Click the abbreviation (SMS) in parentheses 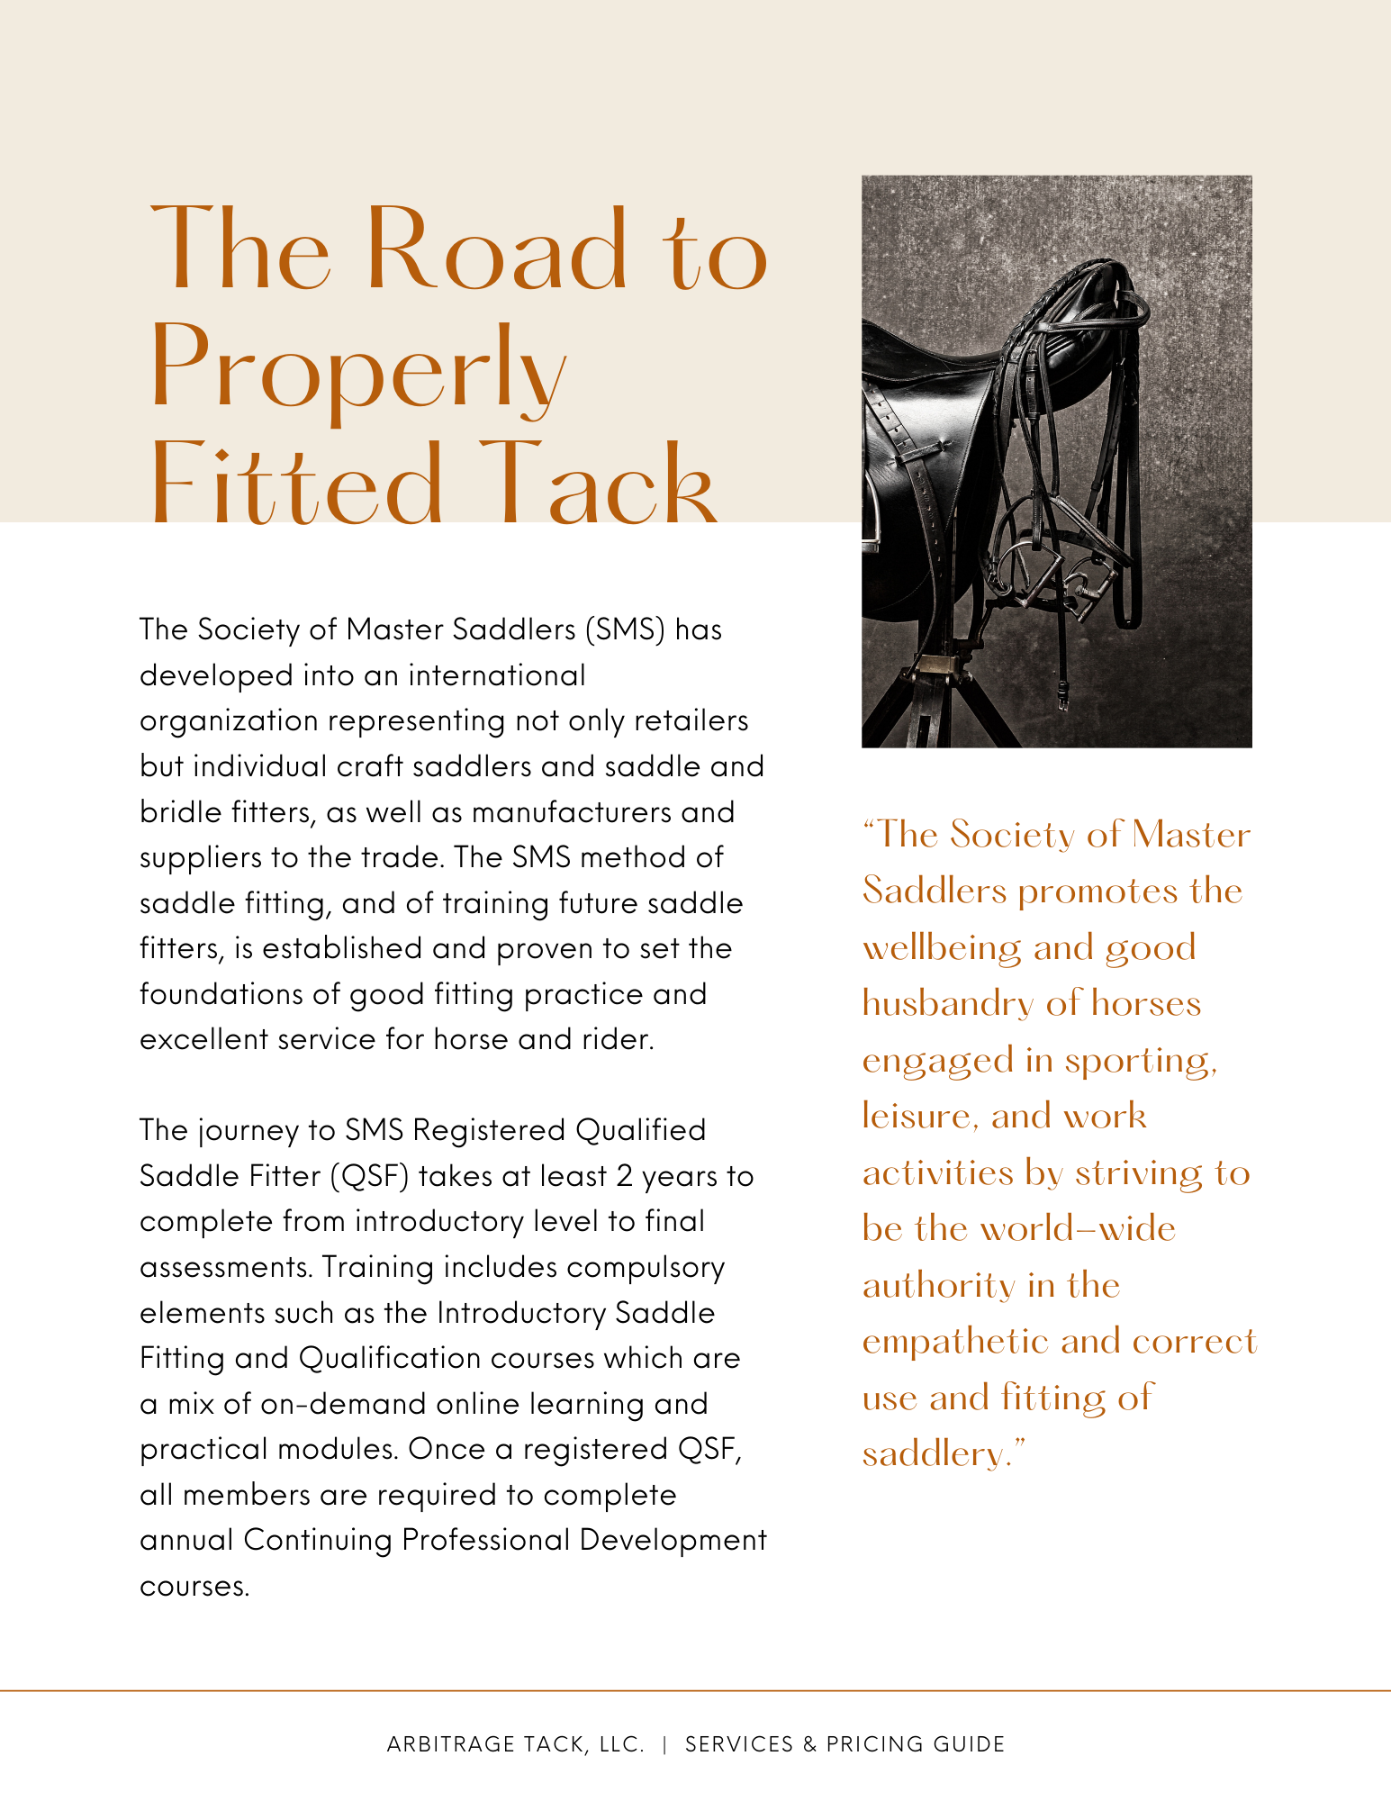(x=624, y=629)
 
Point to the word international (x=496, y=675)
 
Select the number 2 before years (x=625, y=1176)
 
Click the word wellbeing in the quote (x=942, y=948)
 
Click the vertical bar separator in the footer (x=664, y=1744)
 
